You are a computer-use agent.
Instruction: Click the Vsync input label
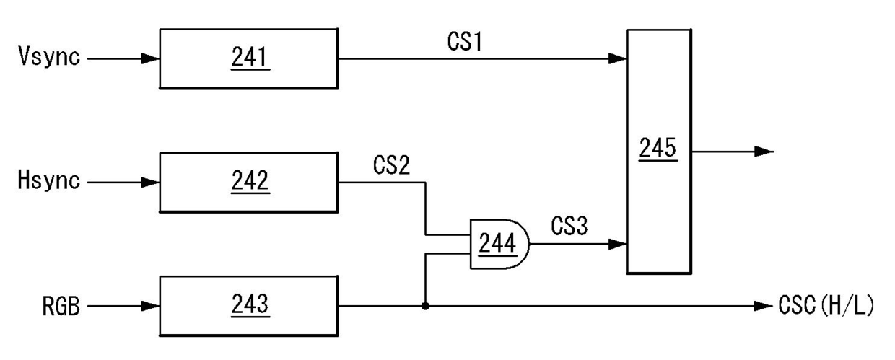point(49,56)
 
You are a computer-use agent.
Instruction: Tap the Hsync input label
point(49,180)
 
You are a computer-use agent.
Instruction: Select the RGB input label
point(61,306)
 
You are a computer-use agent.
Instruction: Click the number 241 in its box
point(250,57)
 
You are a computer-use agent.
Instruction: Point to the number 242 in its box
point(250,180)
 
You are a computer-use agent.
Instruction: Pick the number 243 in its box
point(250,304)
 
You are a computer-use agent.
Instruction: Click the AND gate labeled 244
point(499,244)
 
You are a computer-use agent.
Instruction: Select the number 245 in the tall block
point(658,148)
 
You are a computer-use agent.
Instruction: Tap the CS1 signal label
point(465,41)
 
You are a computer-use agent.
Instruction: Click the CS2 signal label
point(391,164)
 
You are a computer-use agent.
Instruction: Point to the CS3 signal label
point(569,226)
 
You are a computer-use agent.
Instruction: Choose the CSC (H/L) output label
point(826,306)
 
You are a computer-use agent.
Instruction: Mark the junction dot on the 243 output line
point(426,306)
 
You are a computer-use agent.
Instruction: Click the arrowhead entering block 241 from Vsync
point(151,58)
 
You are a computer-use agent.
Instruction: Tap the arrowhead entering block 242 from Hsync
point(151,183)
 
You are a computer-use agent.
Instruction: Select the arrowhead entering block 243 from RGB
point(151,307)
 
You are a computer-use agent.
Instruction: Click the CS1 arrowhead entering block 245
point(618,58)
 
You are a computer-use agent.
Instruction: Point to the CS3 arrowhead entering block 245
point(618,244)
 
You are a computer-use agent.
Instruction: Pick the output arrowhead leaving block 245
point(764,152)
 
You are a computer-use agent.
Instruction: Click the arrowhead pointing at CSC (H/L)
point(763,307)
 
